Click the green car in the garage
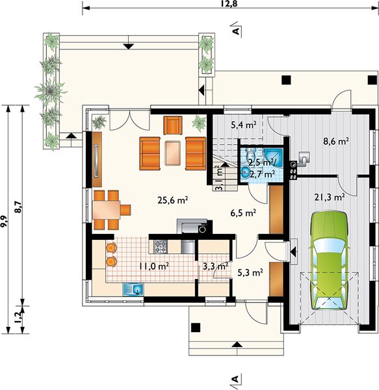pos(329,260)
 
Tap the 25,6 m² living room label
pos(172,200)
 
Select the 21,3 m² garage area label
pos(329,197)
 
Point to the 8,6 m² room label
pos(335,141)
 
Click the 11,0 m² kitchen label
pos(154,266)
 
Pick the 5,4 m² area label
pos(244,125)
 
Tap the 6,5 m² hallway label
pos(243,213)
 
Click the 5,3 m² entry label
pos(250,273)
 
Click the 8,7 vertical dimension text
pos(18,207)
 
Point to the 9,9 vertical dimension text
pos(5,221)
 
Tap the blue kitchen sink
pos(133,289)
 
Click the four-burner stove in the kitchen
pos(161,246)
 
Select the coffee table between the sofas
pos(172,153)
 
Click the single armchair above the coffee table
pos(172,125)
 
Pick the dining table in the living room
pos(107,210)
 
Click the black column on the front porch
pos(196,328)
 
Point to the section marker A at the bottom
pos(235,380)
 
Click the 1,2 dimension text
pos(18,318)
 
